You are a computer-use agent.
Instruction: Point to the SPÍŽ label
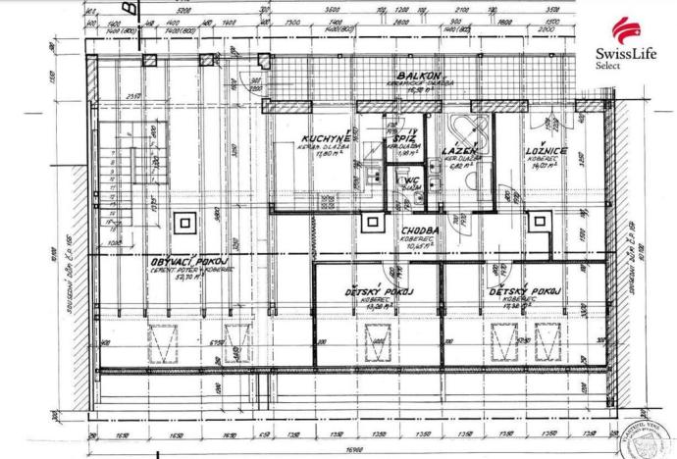(x=402, y=140)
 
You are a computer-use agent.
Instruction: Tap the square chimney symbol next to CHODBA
(x=371, y=223)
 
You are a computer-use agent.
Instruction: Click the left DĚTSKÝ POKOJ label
(x=377, y=292)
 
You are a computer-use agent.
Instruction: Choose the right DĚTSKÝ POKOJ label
(x=527, y=292)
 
